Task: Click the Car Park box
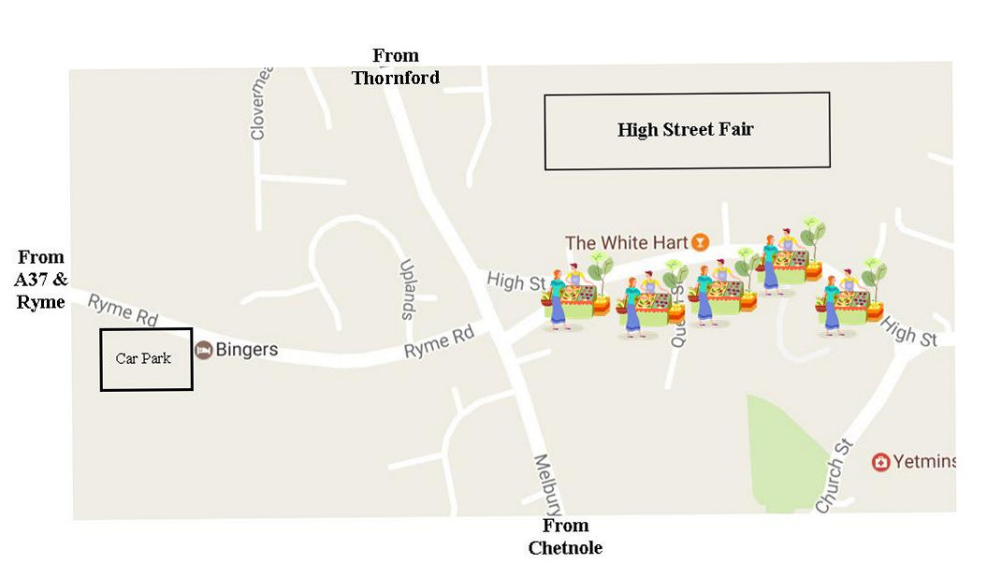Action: click(146, 359)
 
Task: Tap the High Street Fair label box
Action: click(687, 130)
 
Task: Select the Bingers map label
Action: click(247, 350)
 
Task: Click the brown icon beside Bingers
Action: click(203, 350)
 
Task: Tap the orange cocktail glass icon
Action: click(699, 242)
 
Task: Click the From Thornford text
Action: click(395, 66)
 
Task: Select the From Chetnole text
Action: click(565, 537)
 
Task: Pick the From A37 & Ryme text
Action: click(40, 279)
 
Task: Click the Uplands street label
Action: click(407, 289)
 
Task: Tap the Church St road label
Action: click(834, 475)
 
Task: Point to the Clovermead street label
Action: click(260, 103)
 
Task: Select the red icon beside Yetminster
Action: click(880, 462)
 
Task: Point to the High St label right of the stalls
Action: click(908, 332)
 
